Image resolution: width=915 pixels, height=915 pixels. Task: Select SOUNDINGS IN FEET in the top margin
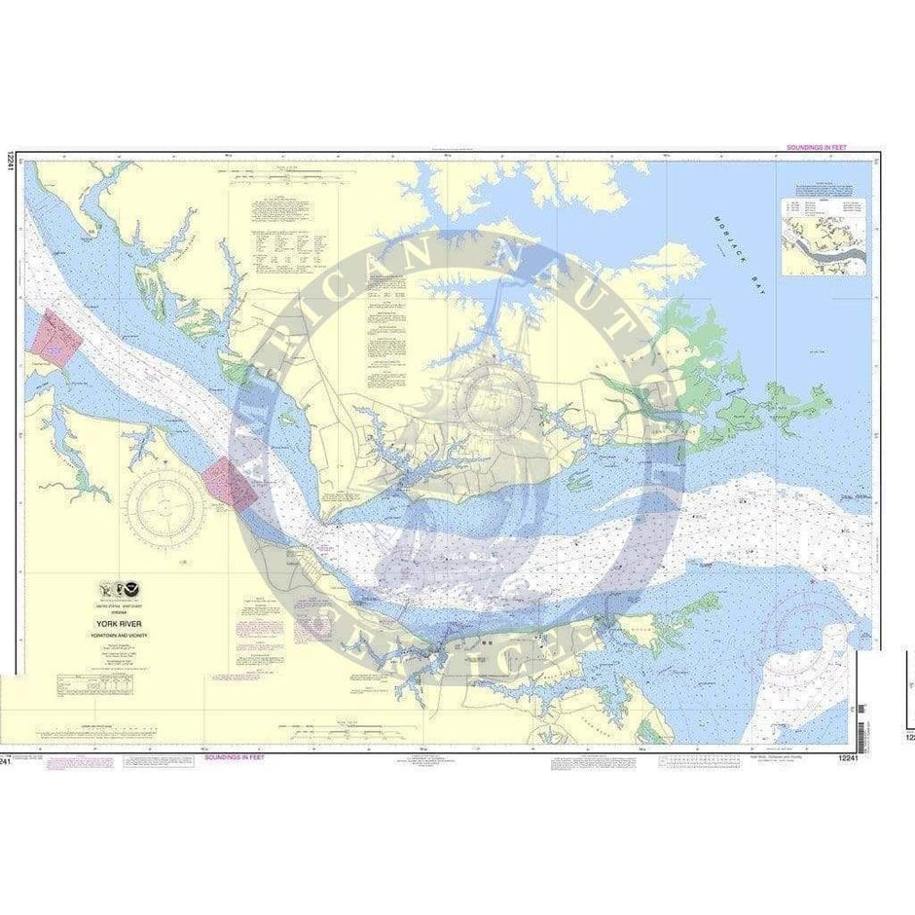[x=816, y=147]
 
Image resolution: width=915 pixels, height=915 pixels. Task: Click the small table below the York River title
[x=83, y=682]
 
